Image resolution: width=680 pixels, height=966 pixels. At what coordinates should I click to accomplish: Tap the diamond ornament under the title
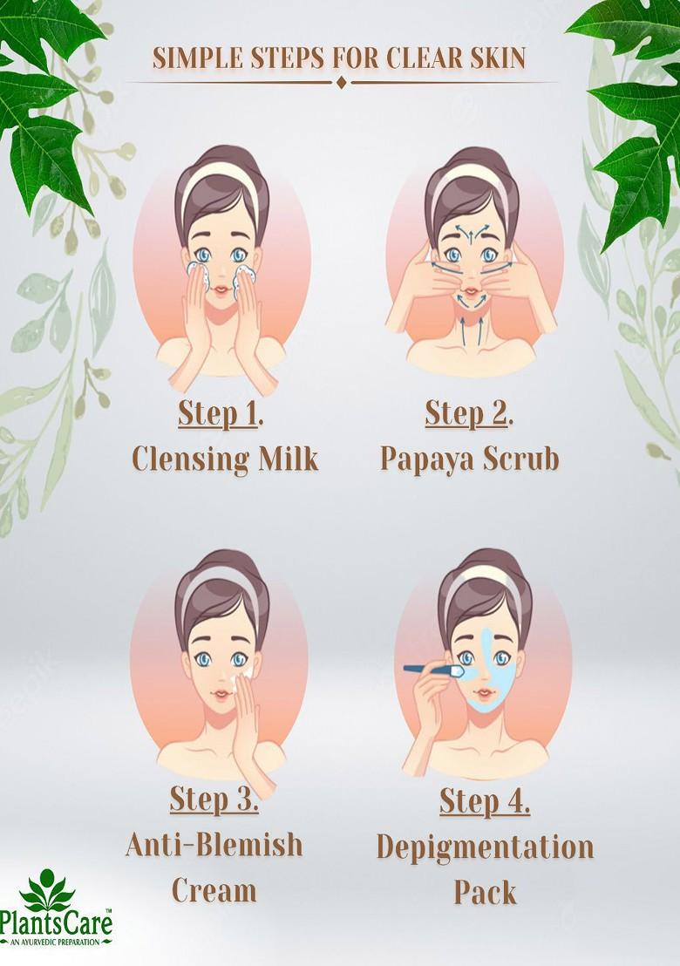tap(341, 83)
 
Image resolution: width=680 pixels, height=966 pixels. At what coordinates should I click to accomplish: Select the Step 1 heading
tap(221, 414)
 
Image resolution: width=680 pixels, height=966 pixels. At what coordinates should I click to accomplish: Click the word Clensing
tap(188, 458)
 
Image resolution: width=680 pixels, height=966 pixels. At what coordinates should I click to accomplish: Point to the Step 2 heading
tap(468, 414)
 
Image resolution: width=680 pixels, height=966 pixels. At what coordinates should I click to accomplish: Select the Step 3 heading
tap(214, 798)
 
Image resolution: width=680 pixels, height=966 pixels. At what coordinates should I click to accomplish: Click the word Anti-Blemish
tap(214, 844)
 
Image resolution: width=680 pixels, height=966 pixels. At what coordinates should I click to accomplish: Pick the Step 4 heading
tap(485, 799)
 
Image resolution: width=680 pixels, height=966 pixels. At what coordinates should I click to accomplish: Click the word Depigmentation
tap(485, 847)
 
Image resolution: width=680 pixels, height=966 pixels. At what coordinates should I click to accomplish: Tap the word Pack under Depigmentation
tap(485, 892)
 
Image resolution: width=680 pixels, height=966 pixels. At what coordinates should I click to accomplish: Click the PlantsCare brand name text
tap(57, 923)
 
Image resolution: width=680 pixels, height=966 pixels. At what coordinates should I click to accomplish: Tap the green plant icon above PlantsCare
tap(48, 888)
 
